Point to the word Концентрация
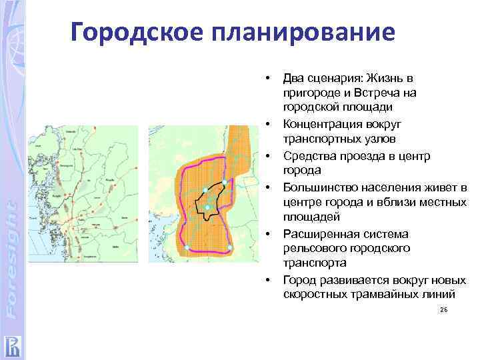[323, 124]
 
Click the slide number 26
[443, 311]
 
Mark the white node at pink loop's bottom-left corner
[187, 248]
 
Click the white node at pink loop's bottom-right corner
[230, 247]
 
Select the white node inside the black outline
[207, 208]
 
